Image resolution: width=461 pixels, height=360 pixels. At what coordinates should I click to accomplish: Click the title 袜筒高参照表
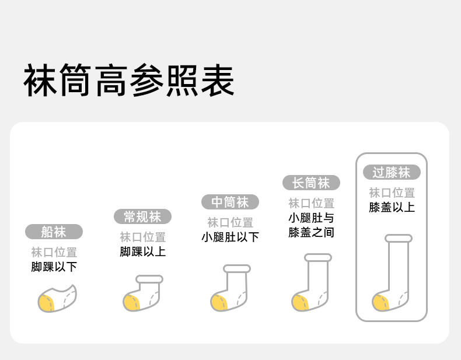[x=129, y=81]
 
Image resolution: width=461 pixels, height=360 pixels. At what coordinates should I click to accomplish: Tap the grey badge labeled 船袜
[x=54, y=232]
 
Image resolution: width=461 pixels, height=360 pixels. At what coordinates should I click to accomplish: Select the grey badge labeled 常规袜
[x=142, y=217]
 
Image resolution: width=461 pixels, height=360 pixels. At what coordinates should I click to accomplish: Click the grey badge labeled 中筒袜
[x=230, y=202]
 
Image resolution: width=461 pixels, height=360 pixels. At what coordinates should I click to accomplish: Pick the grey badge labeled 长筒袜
[x=311, y=183]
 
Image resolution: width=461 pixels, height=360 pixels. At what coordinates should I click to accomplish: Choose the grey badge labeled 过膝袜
[x=392, y=172]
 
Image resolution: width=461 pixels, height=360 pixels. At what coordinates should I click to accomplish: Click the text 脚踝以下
[x=54, y=267]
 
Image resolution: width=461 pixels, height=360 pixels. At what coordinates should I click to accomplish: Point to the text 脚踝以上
[x=142, y=252]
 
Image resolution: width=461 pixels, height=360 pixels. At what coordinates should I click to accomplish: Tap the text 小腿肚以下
[x=230, y=237]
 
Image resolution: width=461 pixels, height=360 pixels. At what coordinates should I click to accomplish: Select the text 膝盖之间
[x=311, y=233]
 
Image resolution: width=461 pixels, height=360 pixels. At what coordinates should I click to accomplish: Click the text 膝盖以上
[x=392, y=207]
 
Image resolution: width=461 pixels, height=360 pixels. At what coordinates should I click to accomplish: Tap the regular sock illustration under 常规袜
[x=143, y=293]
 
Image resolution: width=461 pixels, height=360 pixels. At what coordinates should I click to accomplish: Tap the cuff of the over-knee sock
[x=399, y=238]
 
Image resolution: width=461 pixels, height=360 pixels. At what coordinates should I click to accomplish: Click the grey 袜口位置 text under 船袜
[x=54, y=253]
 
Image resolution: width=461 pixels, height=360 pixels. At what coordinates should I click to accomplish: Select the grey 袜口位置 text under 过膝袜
[x=392, y=193]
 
